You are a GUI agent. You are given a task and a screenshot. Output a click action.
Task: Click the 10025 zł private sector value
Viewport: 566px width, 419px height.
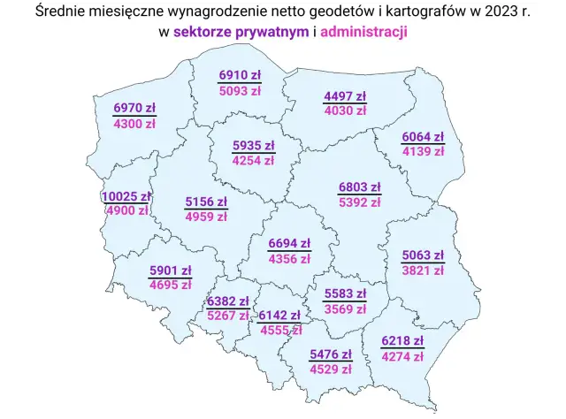coord(127,196)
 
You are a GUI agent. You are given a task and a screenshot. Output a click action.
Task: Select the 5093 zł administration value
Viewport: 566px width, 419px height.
coord(240,90)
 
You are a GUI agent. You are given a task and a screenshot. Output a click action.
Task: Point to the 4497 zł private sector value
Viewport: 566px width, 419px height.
coord(345,96)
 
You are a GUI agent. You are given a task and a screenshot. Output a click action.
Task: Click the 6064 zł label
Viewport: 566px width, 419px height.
coord(423,137)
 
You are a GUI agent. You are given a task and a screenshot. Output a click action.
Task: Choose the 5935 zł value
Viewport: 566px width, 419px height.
coord(253,146)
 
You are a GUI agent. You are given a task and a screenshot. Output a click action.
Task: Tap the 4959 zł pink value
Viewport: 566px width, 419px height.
coord(205,216)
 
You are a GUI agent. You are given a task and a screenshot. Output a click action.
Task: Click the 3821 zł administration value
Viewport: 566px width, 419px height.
coord(423,271)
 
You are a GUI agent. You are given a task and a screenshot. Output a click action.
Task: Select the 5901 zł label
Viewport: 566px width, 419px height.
coord(171,270)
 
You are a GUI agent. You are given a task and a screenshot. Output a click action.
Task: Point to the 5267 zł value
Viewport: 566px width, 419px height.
coord(228,315)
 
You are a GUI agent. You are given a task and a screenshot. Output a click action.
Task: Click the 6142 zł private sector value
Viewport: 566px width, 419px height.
coord(279,315)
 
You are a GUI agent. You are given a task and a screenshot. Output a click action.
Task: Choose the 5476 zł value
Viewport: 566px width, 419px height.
coord(331,354)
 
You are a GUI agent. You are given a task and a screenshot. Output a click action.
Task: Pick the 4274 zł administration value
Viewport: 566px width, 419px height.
coord(402,357)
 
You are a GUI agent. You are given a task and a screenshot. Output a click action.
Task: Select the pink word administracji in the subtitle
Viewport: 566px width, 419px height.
coord(363,33)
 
